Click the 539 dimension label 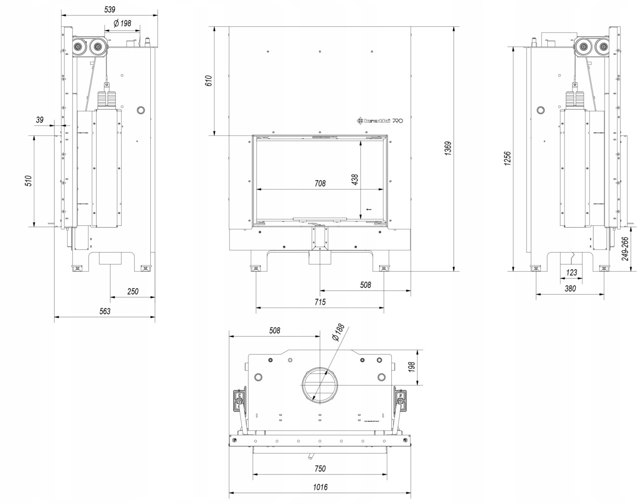(110, 9)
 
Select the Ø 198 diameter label (122, 23)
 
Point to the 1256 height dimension (507, 158)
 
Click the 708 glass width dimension (320, 183)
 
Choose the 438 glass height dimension (355, 180)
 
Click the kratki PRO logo (380, 121)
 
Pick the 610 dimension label (209, 80)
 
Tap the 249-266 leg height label (625, 249)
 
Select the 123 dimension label (572, 272)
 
